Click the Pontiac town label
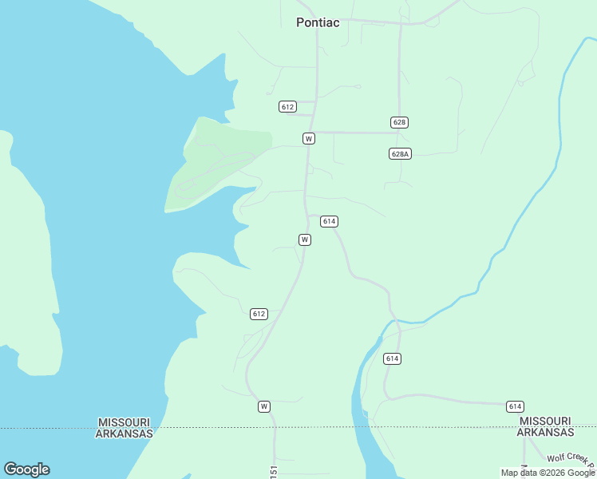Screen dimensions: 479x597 point(318,22)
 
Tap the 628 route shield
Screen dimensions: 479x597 point(400,122)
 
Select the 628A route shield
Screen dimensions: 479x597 point(401,153)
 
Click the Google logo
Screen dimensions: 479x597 point(26,469)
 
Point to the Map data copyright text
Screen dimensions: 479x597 point(548,473)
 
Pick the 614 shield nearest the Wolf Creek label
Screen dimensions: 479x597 point(515,406)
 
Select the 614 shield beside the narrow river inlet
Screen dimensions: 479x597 point(392,358)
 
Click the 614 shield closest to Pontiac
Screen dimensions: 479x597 point(329,221)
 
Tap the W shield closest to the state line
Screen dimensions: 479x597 point(264,406)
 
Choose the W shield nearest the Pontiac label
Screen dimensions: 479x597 point(309,138)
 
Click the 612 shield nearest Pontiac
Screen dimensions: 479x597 point(288,106)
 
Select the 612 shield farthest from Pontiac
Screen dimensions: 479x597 point(259,314)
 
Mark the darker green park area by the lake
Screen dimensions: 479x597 point(215,164)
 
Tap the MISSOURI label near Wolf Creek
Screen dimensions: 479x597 point(545,421)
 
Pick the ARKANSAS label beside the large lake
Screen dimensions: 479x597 point(124,433)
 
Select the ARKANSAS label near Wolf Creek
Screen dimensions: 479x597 point(545,433)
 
